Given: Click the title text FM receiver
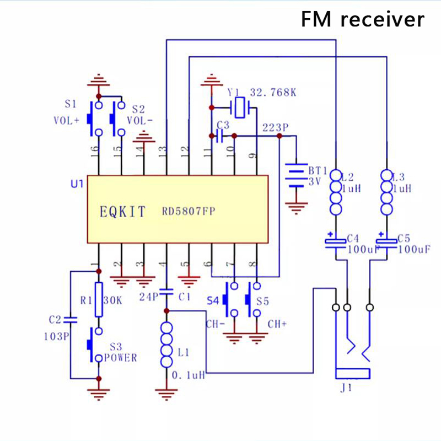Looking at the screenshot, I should coord(363,20).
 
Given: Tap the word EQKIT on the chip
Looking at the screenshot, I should coord(123,211).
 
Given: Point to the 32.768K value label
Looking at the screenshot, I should coord(273,93).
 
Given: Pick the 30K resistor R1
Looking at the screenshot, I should coord(99,300).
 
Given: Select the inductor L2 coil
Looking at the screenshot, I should coord(335,193).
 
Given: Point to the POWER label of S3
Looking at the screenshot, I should coord(123,358).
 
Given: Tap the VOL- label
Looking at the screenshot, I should coord(140,120).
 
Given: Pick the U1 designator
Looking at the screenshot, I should coord(77,184).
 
